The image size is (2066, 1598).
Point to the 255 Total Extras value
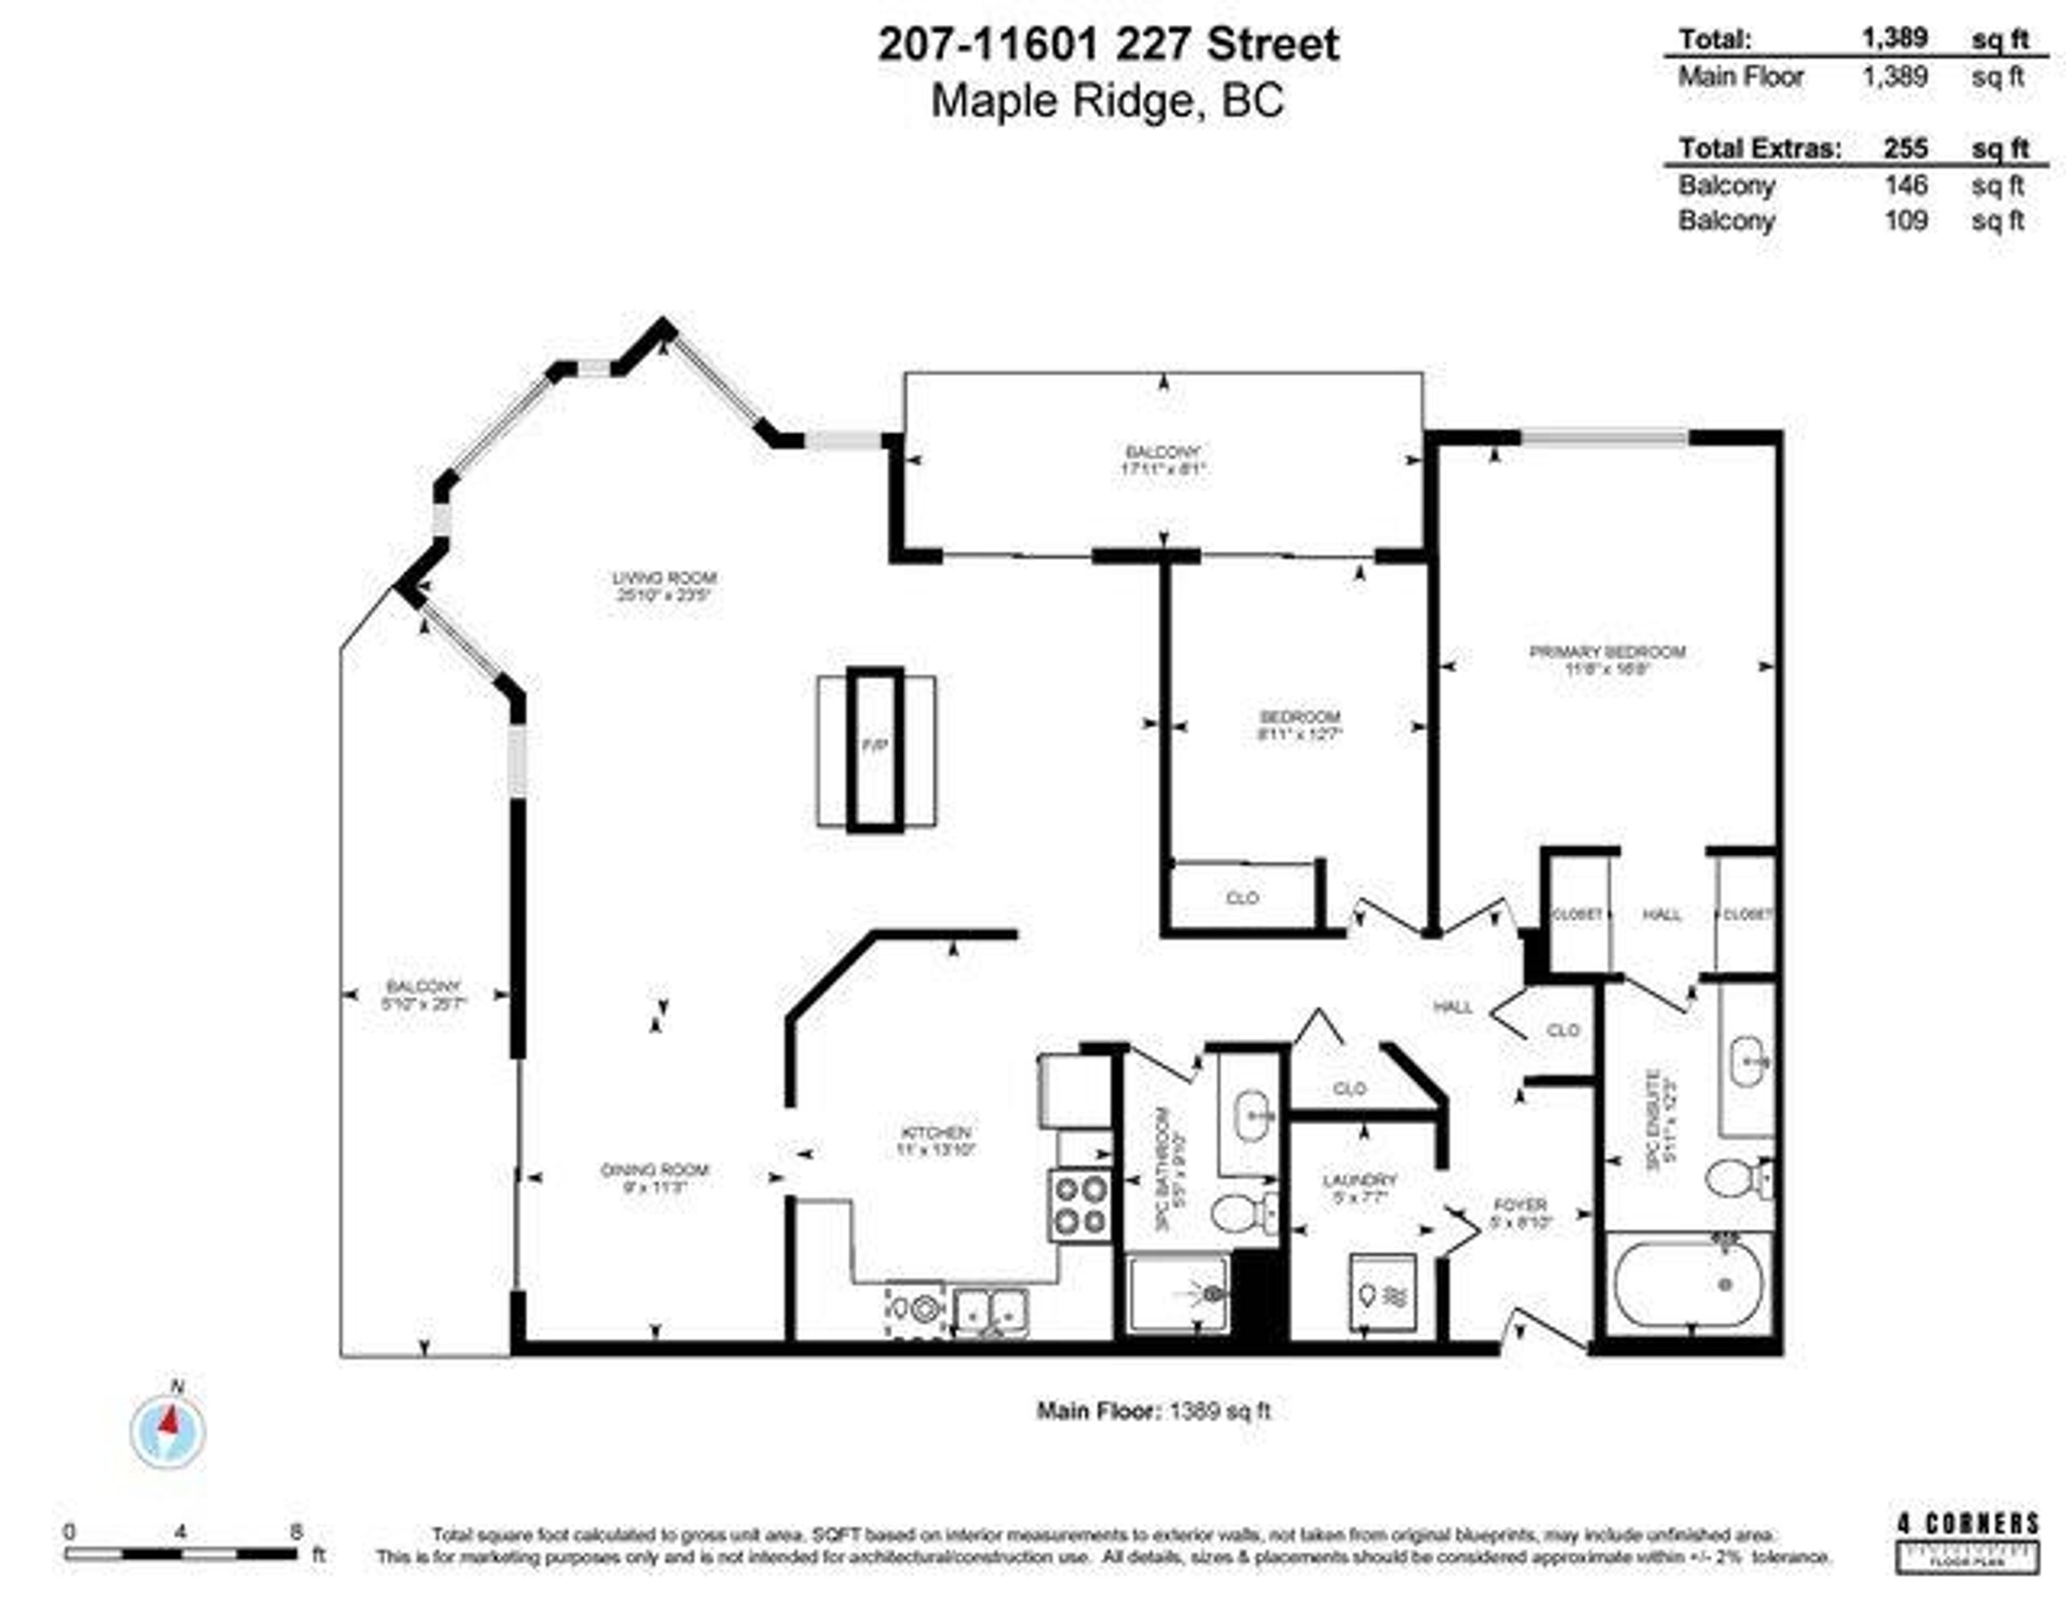1904,149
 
